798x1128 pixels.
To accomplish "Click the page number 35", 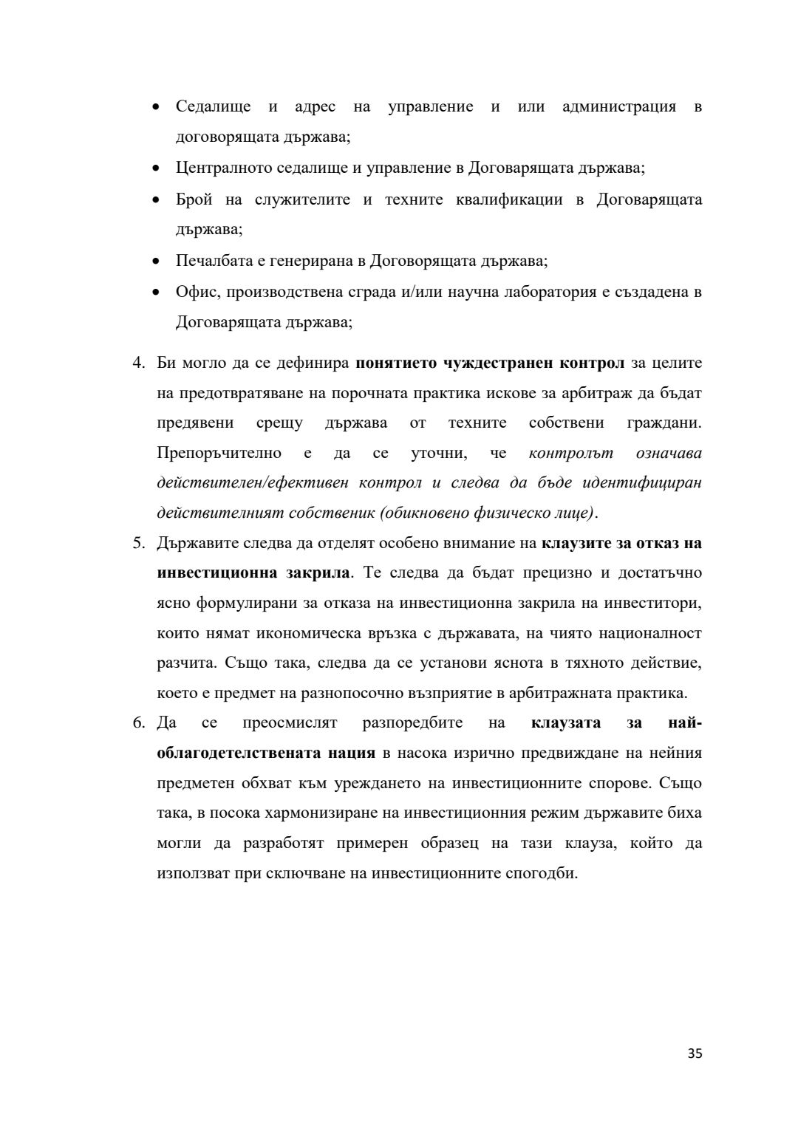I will [x=695, y=1054].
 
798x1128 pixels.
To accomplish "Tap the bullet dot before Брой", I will [x=156, y=200].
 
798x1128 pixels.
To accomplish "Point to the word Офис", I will [x=197, y=292].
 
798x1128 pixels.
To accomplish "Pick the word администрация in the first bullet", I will [x=619, y=106].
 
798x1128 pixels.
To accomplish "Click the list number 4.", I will [x=138, y=363].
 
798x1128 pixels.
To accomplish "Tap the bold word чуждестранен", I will [x=498, y=363].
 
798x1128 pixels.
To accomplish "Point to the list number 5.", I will [x=138, y=543].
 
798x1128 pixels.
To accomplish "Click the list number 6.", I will [x=138, y=722].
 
